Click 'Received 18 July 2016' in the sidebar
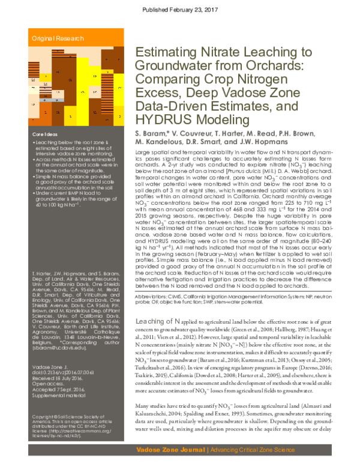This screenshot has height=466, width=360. (57, 378)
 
